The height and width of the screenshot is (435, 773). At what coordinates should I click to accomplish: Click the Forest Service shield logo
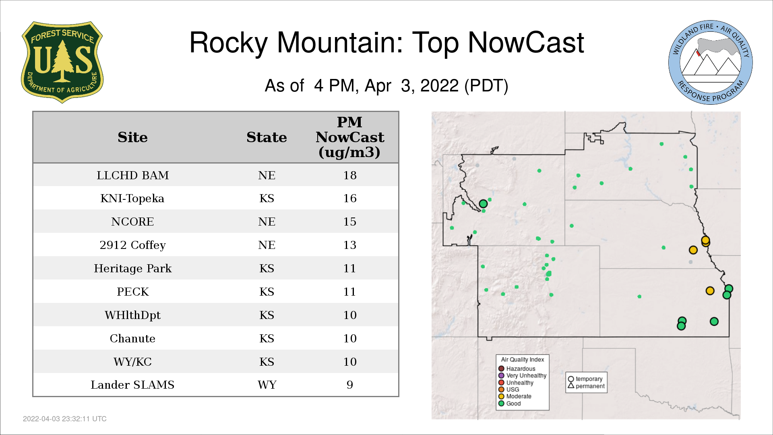point(62,62)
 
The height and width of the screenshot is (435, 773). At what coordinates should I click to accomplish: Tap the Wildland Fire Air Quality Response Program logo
point(711,62)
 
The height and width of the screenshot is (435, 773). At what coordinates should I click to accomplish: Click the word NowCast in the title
point(526,43)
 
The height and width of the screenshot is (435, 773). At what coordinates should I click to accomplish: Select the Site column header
point(132,137)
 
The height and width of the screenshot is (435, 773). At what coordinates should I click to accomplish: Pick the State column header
point(267,137)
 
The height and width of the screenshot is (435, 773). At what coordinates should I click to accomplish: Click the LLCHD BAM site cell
point(132,175)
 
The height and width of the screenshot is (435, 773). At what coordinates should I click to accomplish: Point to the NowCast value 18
point(350,175)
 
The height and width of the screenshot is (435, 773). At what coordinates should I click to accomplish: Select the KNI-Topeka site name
point(132,199)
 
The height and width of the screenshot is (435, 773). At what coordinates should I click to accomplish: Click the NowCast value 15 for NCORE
point(350,222)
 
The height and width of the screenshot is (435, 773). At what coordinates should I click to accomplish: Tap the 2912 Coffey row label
point(132,245)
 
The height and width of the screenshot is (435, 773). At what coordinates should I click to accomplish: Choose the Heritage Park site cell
point(132,269)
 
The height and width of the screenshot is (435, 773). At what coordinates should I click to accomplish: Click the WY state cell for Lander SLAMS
point(267,385)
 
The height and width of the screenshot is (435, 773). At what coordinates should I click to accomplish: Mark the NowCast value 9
point(350,385)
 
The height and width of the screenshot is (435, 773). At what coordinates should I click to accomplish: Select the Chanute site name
point(132,338)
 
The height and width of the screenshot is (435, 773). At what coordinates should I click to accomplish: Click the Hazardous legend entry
point(517,369)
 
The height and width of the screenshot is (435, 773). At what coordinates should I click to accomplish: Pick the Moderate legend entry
point(515,396)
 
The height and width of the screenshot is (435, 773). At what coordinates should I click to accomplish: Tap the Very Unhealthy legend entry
point(523,376)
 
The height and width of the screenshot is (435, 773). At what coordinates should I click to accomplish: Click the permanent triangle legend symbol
point(571,385)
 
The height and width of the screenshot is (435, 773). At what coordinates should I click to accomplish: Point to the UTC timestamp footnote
point(65,419)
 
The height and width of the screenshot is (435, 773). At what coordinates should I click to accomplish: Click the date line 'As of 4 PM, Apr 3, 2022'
point(386,86)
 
